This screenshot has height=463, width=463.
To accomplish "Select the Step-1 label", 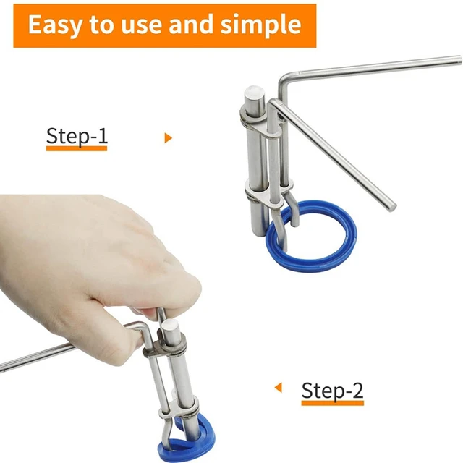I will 76,135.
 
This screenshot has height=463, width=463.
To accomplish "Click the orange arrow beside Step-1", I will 169,137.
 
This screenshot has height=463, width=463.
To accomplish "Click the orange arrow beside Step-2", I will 277,388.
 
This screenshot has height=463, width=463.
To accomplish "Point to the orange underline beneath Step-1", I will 76,148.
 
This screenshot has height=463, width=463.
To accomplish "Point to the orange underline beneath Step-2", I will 332,402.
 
